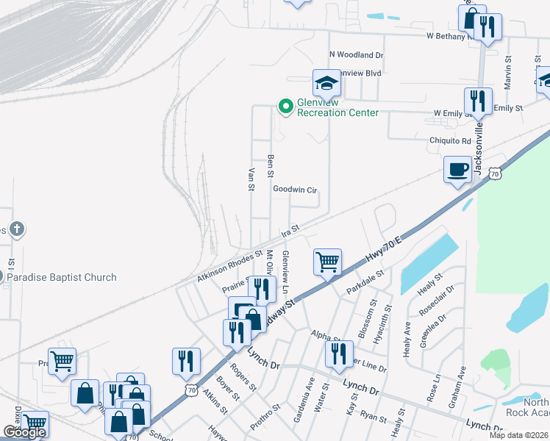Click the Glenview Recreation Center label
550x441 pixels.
click(337, 107)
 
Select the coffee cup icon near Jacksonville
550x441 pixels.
click(457, 170)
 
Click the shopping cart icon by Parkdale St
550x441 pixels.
click(326, 261)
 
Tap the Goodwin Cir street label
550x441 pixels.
click(294, 190)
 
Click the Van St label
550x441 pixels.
click(251, 179)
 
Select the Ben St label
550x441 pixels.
click(271, 165)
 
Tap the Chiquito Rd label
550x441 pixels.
click(450, 140)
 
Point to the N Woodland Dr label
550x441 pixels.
click(357, 54)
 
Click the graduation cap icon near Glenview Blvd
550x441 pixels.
click(326, 83)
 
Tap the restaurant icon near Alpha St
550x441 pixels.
click(338, 354)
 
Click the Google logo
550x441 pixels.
click(24, 432)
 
